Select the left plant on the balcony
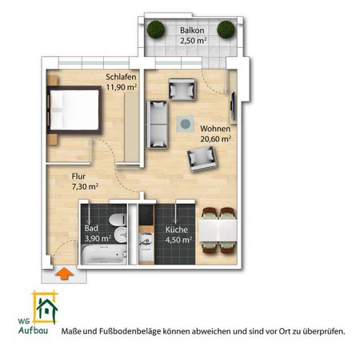coord(153,30)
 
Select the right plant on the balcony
coord(226,30)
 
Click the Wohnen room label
coord(217,127)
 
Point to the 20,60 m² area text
coord(216,138)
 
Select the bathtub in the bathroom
coord(103,255)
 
